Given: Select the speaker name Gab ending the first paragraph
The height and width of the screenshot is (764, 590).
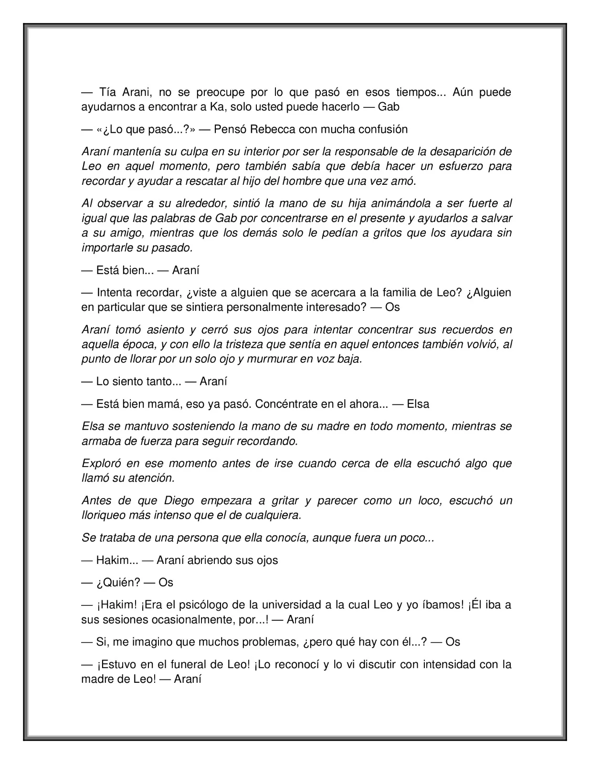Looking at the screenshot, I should coord(389,107).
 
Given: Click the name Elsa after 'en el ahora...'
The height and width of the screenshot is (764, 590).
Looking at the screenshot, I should coord(418,404).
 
